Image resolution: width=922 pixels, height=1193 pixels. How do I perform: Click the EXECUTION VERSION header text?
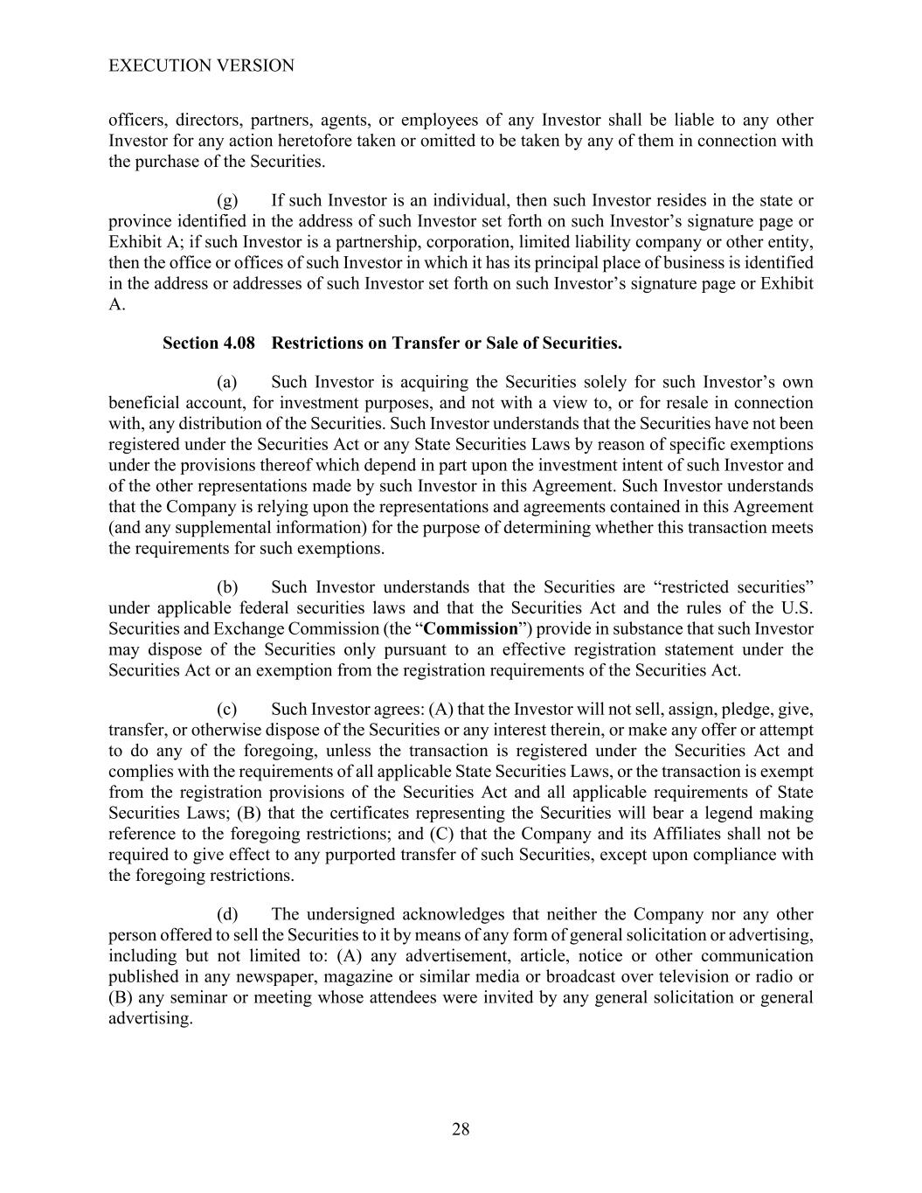[201, 66]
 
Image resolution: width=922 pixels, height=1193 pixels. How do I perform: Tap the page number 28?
[461, 1129]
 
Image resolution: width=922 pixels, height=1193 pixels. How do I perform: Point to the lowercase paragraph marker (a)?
[227, 382]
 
